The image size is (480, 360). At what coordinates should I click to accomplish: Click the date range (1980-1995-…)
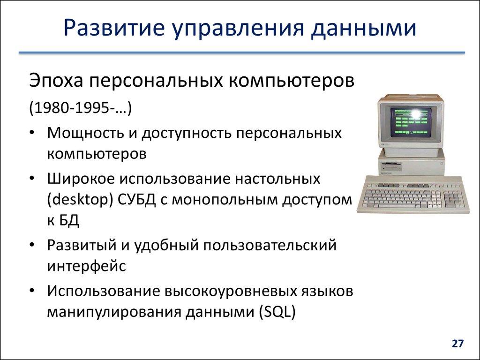[80, 108]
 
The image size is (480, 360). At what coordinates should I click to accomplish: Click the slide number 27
[457, 344]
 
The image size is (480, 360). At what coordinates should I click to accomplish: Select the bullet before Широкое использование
[31, 179]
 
